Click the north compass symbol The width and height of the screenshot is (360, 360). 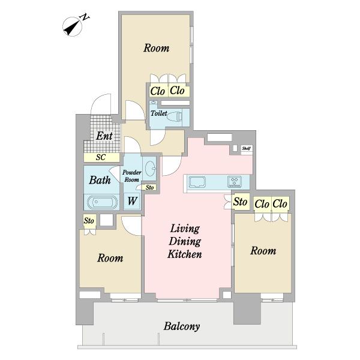pyautogui.click(x=73, y=26)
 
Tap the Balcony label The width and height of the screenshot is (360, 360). pyautogui.click(x=182, y=326)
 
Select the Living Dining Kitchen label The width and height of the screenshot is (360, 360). pyautogui.click(x=185, y=241)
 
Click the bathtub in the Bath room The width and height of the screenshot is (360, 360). pyautogui.click(x=103, y=202)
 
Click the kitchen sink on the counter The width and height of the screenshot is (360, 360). pyautogui.click(x=197, y=182)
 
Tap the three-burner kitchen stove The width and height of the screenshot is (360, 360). pyautogui.click(x=235, y=181)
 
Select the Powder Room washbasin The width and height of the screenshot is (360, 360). pyautogui.click(x=151, y=169)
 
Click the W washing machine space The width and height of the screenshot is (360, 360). pyautogui.click(x=132, y=201)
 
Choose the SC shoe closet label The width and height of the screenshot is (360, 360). pyautogui.click(x=101, y=157)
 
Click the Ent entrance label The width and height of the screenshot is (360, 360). pyautogui.click(x=104, y=136)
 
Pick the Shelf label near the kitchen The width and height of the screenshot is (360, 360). pyautogui.click(x=247, y=148)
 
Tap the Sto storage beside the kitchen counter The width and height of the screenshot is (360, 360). pyautogui.click(x=241, y=202)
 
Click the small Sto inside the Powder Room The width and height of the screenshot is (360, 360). pyautogui.click(x=149, y=187)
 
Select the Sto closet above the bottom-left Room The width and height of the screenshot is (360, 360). pyautogui.click(x=89, y=221)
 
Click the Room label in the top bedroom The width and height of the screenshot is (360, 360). pyautogui.click(x=157, y=48)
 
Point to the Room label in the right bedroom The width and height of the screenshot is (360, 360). pyautogui.click(x=263, y=250)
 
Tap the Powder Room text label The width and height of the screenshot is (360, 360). pyautogui.click(x=132, y=176)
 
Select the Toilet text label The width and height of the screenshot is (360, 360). pyautogui.click(x=159, y=113)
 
